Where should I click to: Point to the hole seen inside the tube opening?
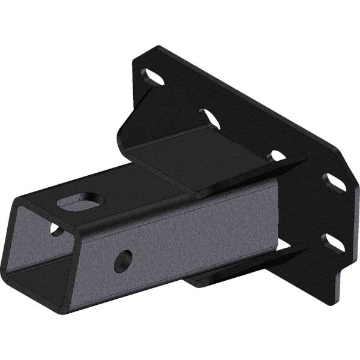pos(55,229)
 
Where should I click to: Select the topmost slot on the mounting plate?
pos(154,77)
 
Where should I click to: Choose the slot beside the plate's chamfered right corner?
pos(336,182)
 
